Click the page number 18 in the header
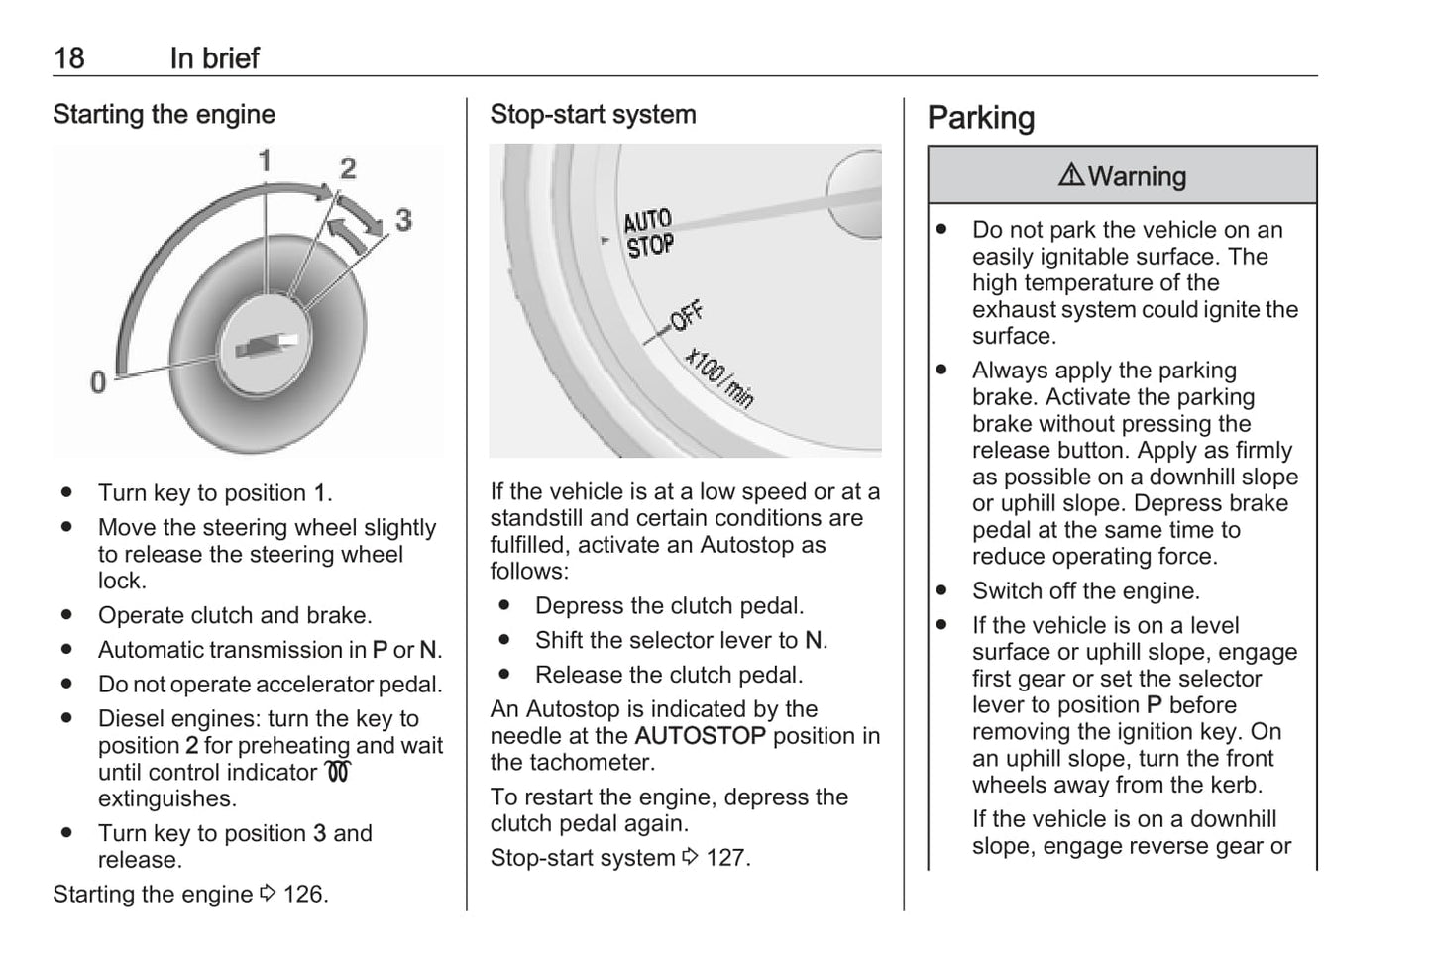click(x=68, y=58)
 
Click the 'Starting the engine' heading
click(x=164, y=115)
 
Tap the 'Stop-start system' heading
click(x=593, y=115)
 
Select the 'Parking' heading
click(x=980, y=118)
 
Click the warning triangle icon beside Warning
click(x=1071, y=176)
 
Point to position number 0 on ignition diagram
click(x=98, y=381)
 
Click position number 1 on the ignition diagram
click(x=265, y=160)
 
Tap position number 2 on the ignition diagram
click(x=348, y=168)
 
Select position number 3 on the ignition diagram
click(x=403, y=219)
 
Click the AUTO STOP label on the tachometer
click(x=648, y=234)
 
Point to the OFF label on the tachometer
click(x=686, y=316)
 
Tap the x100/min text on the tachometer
click(x=720, y=378)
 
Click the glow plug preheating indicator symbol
click(x=337, y=772)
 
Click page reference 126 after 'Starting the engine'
click(x=303, y=895)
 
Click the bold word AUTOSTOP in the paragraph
click(x=700, y=736)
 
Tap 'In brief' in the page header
click(x=214, y=58)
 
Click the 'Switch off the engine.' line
click(x=1085, y=591)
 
